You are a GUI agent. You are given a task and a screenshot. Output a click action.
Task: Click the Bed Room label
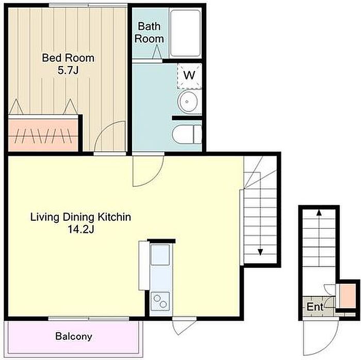point(68,58)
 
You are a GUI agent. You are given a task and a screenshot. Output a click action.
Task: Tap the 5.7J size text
point(68,70)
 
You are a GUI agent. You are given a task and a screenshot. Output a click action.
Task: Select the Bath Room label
point(149,32)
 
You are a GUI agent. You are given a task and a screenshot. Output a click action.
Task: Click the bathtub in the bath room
point(185,33)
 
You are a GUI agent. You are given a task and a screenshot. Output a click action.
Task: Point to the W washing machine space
point(189,76)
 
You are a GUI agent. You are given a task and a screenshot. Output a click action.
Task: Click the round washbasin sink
point(188,102)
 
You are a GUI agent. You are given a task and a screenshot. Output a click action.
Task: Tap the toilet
point(187,135)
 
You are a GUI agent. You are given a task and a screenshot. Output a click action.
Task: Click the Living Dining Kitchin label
point(80,217)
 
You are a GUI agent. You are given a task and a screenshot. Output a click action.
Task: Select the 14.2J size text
point(81,230)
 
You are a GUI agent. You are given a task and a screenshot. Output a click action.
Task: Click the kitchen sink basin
point(160,255)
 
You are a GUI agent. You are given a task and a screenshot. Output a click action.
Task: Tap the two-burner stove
point(160,301)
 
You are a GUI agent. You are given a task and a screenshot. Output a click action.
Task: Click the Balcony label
point(74,336)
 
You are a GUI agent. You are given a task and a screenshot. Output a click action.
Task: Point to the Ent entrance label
point(315,307)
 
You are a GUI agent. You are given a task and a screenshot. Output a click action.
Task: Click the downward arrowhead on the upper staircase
point(260,253)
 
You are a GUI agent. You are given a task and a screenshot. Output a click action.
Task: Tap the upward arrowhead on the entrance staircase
point(319,212)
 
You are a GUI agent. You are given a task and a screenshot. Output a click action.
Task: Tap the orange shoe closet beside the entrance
point(348,296)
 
